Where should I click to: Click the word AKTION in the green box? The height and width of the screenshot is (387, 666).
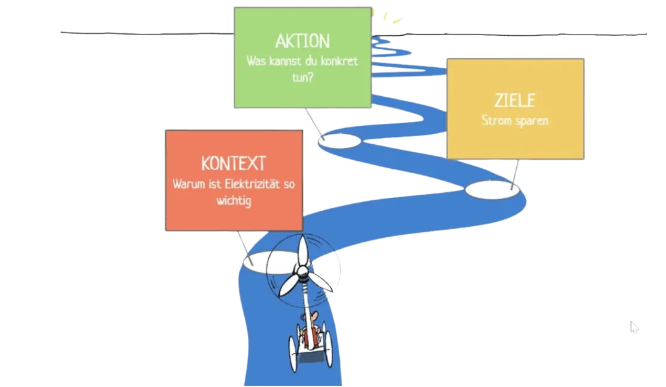pos(302,41)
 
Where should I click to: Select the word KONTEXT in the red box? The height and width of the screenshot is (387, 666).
pos(234,163)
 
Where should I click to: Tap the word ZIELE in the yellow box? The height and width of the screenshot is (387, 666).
pos(515,100)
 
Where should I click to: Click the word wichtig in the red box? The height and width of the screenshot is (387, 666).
pos(234,201)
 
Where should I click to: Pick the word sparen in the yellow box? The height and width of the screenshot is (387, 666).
pos(532,121)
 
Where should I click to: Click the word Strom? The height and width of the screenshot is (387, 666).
pos(496,120)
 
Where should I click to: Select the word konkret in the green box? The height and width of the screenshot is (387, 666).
pos(339,61)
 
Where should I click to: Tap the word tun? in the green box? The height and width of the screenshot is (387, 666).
pos(302,77)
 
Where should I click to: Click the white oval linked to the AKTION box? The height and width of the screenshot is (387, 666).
pos(340,141)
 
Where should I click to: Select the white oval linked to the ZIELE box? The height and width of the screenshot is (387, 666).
pos(492,190)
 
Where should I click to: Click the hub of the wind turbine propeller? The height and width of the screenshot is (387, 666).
pos(302,271)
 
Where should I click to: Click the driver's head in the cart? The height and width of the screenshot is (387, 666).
pos(312,317)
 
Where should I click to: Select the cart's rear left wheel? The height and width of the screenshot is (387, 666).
pos(293,354)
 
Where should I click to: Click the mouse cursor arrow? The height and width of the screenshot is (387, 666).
pos(635,327)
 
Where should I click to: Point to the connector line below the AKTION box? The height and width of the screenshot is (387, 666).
pos(314,123)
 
